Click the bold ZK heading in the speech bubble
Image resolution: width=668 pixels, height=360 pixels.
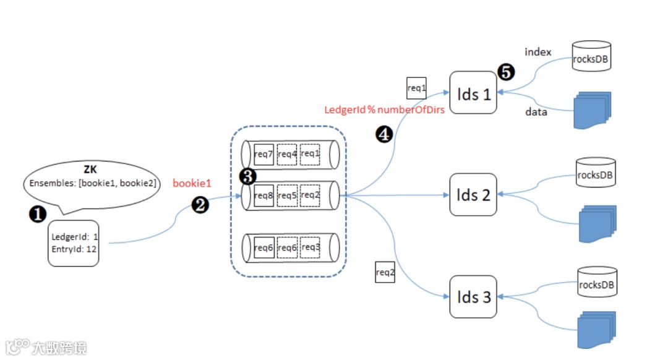(x=90, y=169)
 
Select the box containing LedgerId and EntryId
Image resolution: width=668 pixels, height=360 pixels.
(x=74, y=243)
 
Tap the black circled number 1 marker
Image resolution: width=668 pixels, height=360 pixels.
(x=38, y=213)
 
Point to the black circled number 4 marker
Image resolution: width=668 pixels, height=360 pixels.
(x=384, y=134)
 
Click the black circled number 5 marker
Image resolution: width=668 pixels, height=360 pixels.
(x=506, y=72)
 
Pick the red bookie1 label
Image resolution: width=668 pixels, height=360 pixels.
(x=192, y=183)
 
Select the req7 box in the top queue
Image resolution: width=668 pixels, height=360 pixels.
(x=263, y=153)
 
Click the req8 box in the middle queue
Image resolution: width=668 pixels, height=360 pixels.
(x=263, y=195)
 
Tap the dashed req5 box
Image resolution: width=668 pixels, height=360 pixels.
(x=287, y=195)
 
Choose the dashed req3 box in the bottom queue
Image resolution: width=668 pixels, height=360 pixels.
(x=310, y=247)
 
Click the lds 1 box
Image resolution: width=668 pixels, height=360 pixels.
(x=473, y=93)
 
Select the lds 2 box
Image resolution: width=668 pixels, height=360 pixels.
(x=473, y=194)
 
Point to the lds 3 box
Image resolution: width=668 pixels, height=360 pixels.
(x=473, y=297)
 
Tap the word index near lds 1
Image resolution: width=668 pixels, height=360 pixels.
(x=537, y=52)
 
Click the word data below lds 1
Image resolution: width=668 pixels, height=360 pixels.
(x=536, y=113)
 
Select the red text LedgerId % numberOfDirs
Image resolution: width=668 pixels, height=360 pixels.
(x=384, y=110)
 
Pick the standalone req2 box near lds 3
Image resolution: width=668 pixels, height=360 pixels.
(x=385, y=272)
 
